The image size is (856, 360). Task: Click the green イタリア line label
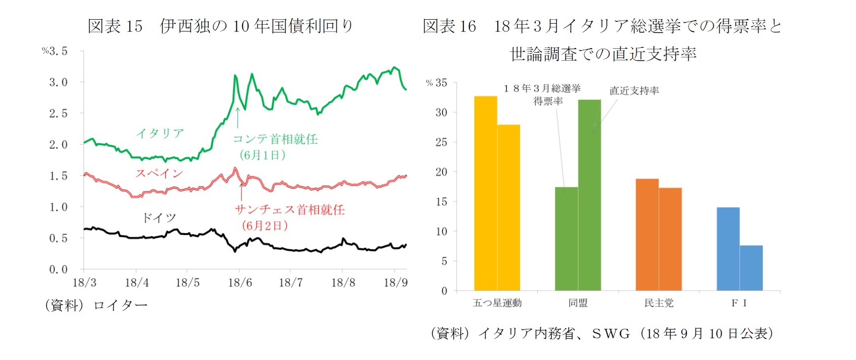(160, 133)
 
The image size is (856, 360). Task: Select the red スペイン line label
(159, 173)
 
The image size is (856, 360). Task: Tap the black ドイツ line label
(158, 217)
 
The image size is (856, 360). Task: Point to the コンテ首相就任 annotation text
(275, 139)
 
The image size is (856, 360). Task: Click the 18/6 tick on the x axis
(240, 283)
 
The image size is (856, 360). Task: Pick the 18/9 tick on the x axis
(396, 283)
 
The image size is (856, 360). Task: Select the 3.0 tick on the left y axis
(58, 82)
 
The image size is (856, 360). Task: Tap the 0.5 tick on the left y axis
(58, 238)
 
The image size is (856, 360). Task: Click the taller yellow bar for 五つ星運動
(486, 193)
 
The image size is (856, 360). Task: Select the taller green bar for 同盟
(589, 195)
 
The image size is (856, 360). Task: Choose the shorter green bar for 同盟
(566, 239)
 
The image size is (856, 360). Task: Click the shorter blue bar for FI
(751, 268)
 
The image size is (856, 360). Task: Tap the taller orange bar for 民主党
(647, 235)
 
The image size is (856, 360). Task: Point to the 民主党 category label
(659, 303)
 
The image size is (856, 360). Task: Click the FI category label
(739, 303)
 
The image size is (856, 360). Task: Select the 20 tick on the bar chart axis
(441, 172)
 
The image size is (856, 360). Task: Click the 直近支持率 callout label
(634, 90)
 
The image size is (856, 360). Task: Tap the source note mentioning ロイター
(96, 305)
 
